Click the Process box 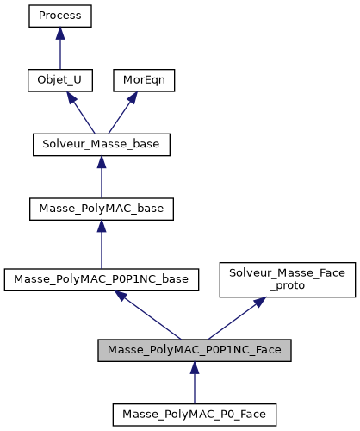59,16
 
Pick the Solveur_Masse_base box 101,144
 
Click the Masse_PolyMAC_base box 101,209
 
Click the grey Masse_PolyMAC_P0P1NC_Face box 194,350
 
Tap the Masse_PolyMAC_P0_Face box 194,415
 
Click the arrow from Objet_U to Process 59,50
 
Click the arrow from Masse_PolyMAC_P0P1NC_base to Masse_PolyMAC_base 101,246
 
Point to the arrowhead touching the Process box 59,33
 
